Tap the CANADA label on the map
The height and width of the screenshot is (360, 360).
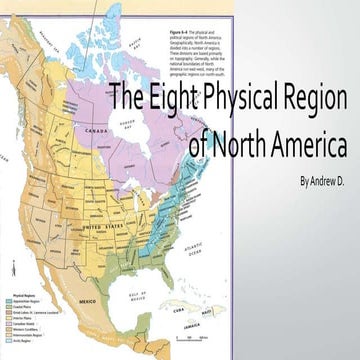98,130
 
